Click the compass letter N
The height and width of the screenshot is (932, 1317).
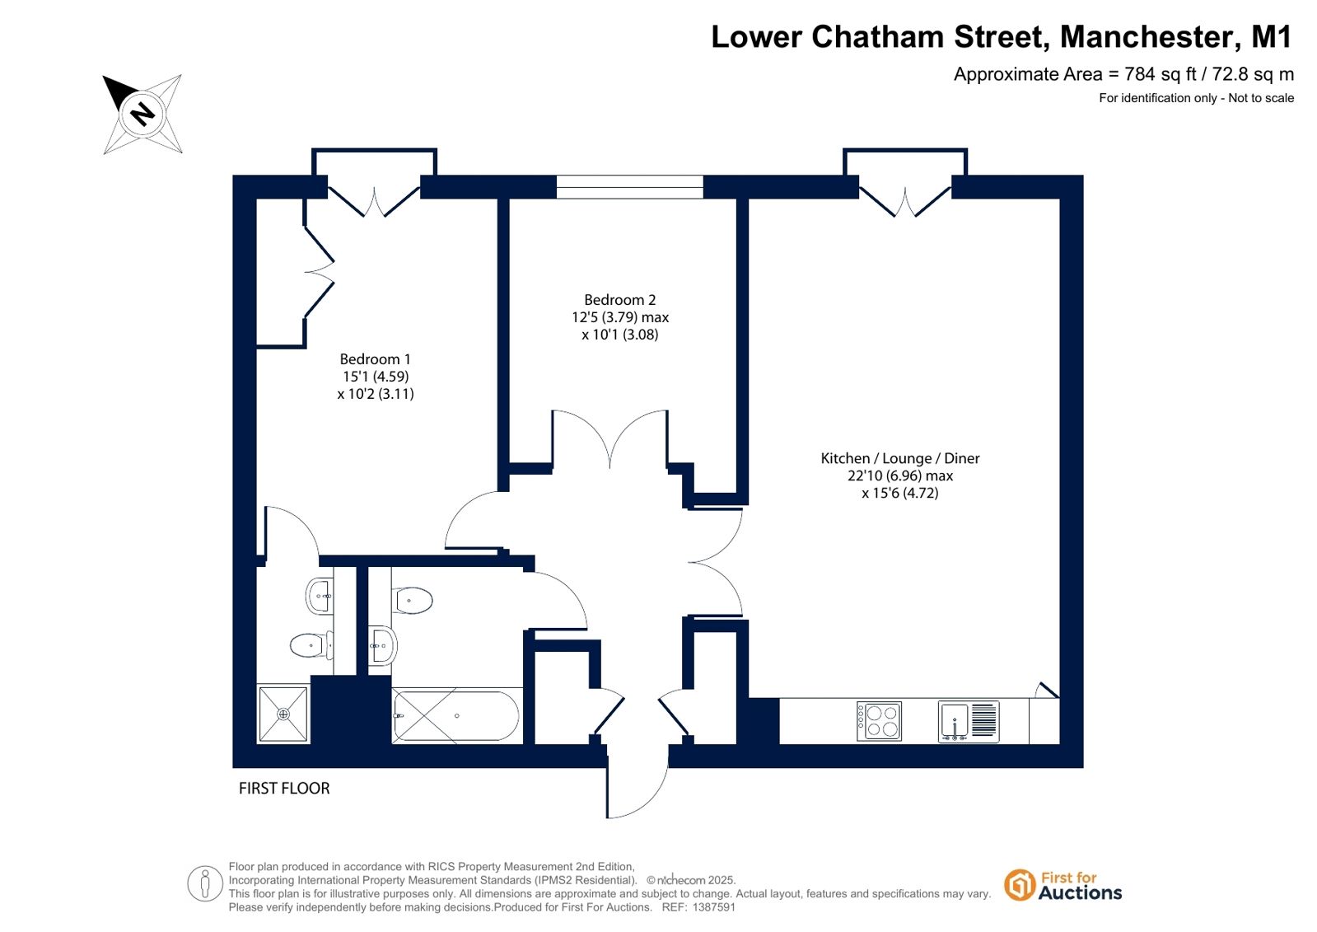(142, 114)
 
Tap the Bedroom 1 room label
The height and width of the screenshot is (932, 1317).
(375, 359)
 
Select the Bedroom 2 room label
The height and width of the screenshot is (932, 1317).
(619, 299)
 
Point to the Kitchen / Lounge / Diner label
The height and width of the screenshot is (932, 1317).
(900, 458)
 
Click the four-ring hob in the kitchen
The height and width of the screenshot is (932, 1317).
(879, 721)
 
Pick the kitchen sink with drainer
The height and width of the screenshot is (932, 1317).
(969, 721)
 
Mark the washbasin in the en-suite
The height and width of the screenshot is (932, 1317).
(320, 596)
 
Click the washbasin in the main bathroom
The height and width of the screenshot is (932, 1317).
(383, 645)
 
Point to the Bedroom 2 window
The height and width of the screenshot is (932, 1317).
(630, 187)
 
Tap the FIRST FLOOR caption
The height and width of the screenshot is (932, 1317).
(284, 789)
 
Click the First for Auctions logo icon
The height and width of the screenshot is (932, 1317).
(1019, 885)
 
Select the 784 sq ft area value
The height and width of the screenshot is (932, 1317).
(1161, 74)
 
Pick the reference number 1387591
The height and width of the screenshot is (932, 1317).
(714, 907)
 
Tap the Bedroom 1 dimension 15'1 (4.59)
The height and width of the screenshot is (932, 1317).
(376, 377)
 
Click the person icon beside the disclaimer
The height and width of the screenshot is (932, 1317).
(204, 883)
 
